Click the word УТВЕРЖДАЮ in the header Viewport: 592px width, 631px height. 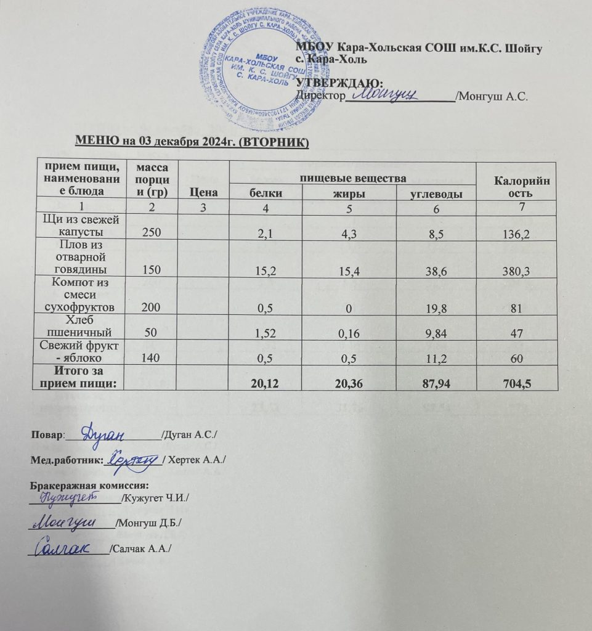[340, 83]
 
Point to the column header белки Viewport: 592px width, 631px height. [266, 193]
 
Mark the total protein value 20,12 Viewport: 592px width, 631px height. [266, 383]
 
